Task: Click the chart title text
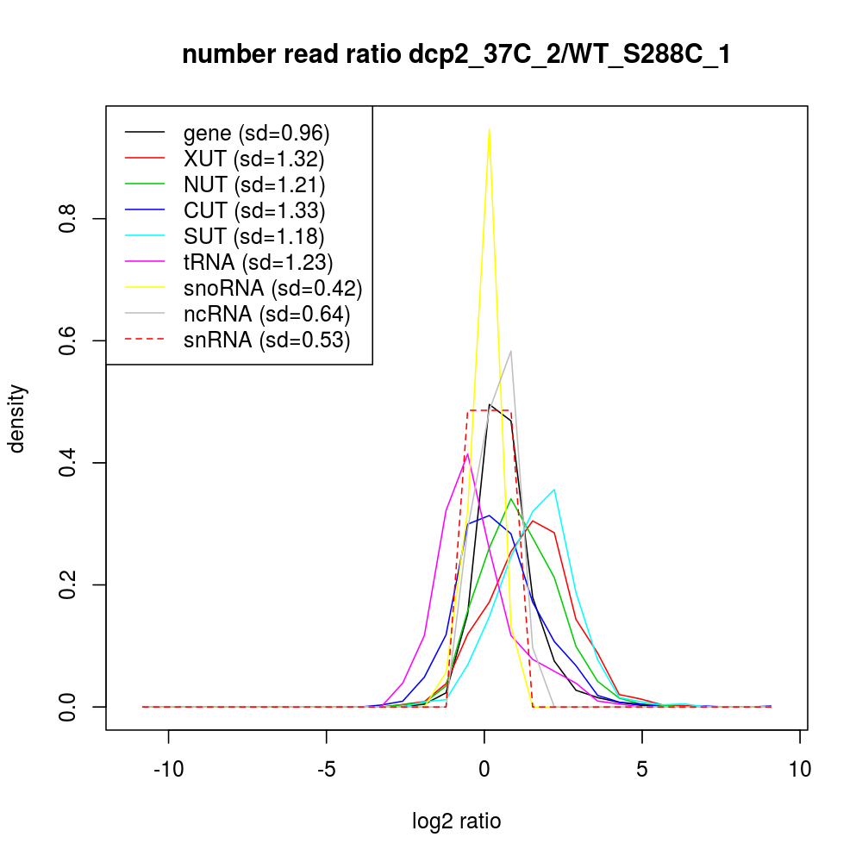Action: [457, 56]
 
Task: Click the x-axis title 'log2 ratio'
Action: [457, 821]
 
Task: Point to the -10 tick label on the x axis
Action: [167, 770]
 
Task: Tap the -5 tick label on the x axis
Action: [326, 770]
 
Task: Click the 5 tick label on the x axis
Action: [642, 770]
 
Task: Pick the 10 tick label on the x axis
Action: [800, 770]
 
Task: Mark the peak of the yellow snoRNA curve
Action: [490, 129]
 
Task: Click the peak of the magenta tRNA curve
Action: [467, 454]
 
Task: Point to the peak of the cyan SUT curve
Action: [553, 490]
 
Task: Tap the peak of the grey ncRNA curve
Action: [511, 351]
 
